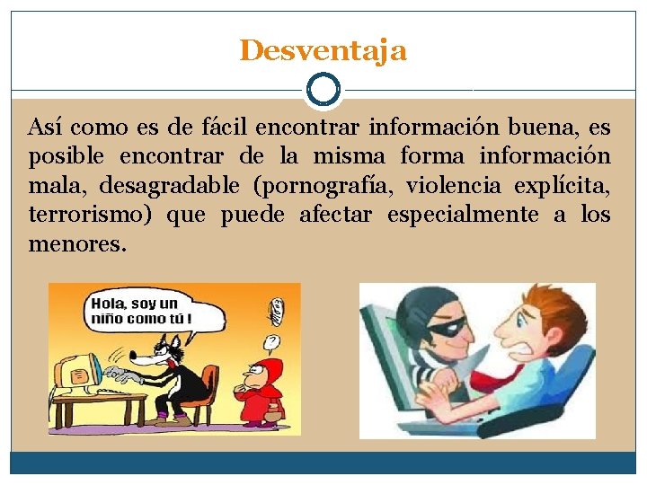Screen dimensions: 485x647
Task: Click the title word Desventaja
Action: tap(323, 50)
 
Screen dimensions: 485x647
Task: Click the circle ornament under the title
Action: tap(323, 90)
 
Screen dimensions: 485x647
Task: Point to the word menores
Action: tap(75, 242)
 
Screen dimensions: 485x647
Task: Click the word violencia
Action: tap(447, 186)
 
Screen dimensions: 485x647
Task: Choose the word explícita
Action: tap(562, 186)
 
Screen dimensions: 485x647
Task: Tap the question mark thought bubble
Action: tap(270, 341)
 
